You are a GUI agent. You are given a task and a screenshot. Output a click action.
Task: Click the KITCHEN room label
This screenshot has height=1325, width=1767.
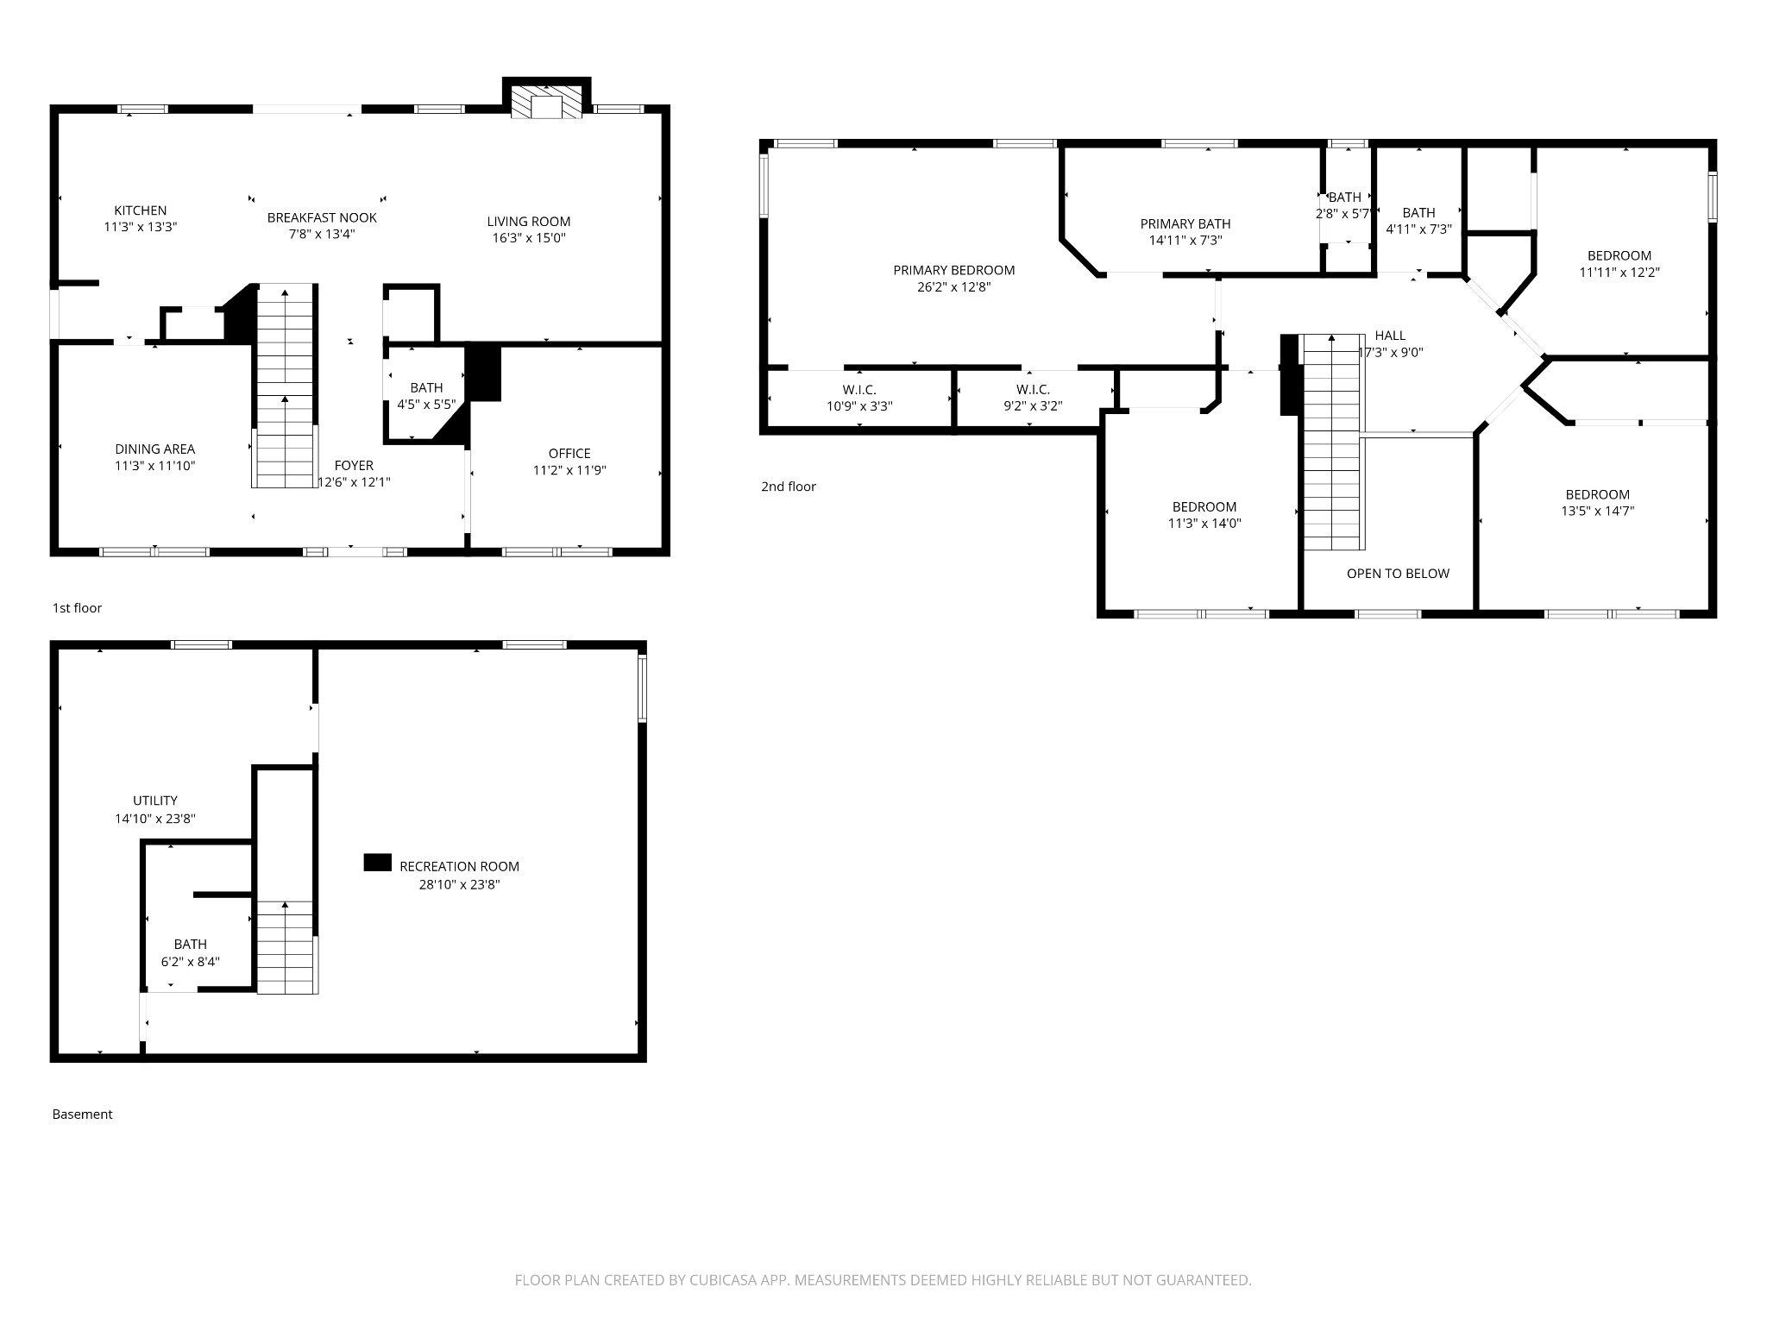[141, 210]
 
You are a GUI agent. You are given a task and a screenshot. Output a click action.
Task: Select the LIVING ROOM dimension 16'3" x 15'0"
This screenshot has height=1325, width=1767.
[528, 238]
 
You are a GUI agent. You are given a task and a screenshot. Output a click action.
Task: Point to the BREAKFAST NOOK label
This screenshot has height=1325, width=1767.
[322, 217]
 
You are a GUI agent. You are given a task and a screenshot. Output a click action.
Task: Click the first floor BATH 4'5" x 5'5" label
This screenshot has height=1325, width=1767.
[426, 388]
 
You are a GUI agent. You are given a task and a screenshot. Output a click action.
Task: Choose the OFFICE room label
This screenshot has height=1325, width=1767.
[569, 454]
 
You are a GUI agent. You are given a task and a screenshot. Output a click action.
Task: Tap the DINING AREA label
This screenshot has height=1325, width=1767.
[155, 449]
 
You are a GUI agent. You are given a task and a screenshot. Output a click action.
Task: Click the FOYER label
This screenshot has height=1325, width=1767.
[354, 466]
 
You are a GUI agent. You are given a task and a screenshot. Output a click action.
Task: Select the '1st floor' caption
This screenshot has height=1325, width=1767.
[77, 608]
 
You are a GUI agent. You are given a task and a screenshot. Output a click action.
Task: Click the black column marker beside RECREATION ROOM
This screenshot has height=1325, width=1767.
[377, 863]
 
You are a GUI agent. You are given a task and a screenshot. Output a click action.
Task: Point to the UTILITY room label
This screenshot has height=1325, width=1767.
[155, 801]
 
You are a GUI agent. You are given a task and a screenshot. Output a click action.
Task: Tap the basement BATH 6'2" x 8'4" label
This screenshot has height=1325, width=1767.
[190, 945]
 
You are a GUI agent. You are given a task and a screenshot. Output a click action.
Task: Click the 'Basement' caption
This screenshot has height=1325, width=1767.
[82, 1115]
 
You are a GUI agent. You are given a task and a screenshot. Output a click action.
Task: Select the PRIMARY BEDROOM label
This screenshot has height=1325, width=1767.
[953, 270]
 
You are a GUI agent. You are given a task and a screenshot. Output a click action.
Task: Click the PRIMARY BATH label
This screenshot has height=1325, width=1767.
[1185, 224]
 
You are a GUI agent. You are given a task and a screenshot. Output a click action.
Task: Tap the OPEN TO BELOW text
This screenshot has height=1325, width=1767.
[1398, 574]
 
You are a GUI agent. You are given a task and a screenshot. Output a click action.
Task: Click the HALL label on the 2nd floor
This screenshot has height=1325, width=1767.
[1390, 336]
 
